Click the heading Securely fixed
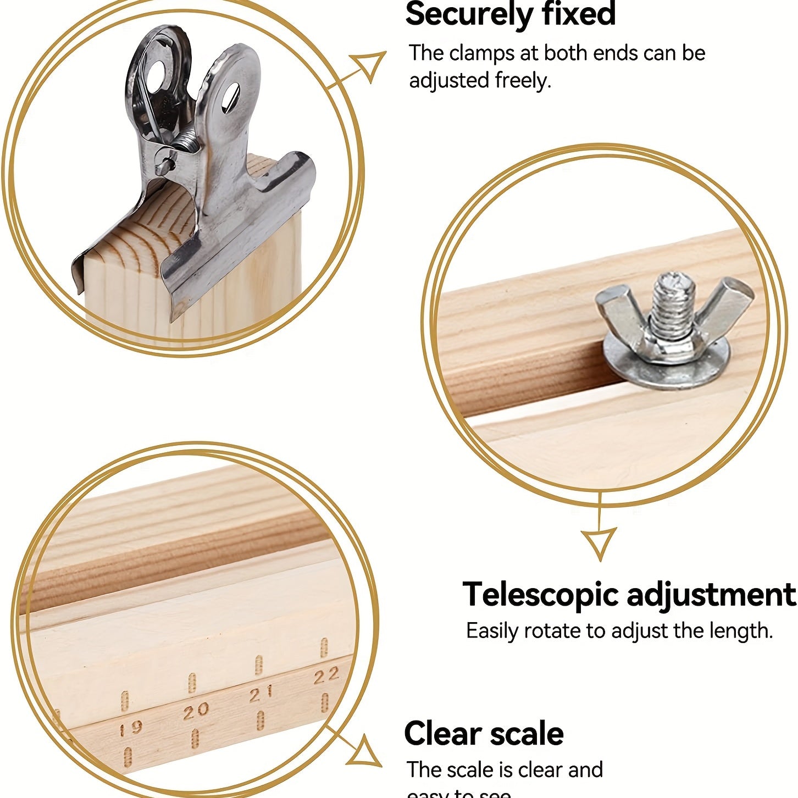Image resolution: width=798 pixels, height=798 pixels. [510, 14]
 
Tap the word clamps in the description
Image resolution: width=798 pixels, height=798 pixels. [481, 53]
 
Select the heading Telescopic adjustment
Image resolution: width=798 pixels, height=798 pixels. [629, 594]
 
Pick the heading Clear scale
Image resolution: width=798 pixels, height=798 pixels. [484, 734]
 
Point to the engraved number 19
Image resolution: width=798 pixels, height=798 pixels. [131, 729]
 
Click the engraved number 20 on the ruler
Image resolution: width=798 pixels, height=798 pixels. [196, 712]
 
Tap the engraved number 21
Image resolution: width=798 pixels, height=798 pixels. [261, 695]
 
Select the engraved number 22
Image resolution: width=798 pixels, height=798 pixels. [326, 677]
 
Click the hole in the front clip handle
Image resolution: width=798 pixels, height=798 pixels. [230, 97]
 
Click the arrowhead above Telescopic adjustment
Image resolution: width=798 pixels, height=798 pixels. [598, 542]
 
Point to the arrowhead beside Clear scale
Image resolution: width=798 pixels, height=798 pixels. [365, 753]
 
